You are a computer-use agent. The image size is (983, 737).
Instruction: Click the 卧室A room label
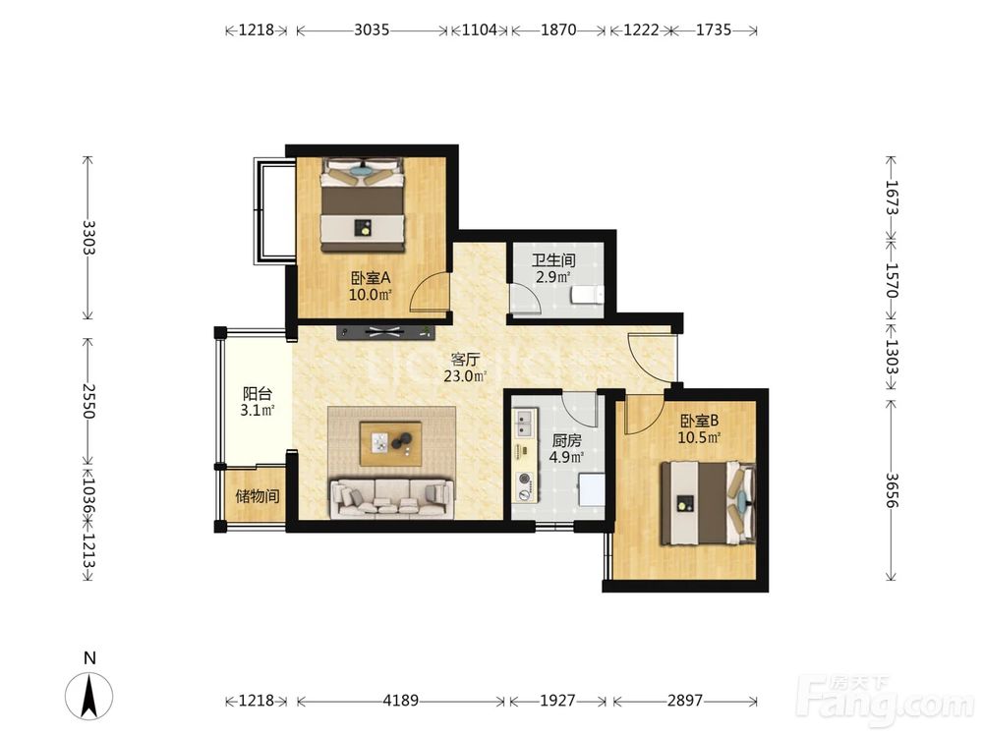(371, 277)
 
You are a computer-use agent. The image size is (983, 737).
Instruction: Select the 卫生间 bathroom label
(553, 260)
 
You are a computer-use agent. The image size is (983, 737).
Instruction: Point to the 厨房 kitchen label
(567, 440)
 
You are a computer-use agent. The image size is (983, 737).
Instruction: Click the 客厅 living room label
(465, 360)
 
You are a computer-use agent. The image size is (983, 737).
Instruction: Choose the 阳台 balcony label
(257, 394)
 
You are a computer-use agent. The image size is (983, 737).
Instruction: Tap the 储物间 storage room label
(257, 496)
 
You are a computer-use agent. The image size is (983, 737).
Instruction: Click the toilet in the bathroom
(588, 294)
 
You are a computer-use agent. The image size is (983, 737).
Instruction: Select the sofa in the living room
(392, 499)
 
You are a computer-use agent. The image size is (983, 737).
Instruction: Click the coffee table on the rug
(390, 444)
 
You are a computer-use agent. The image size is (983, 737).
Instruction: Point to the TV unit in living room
(385, 332)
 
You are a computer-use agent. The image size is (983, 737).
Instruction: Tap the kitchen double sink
(525, 423)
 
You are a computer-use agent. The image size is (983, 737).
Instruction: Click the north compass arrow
(89, 696)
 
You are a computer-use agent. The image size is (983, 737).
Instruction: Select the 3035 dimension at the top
(372, 29)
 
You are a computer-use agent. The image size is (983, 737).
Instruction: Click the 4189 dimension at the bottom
(401, 700)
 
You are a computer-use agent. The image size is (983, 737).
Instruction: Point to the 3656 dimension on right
(892, 490)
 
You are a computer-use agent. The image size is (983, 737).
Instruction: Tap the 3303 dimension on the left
(88, 238)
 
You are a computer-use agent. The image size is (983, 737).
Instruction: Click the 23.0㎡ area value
(465, 376)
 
